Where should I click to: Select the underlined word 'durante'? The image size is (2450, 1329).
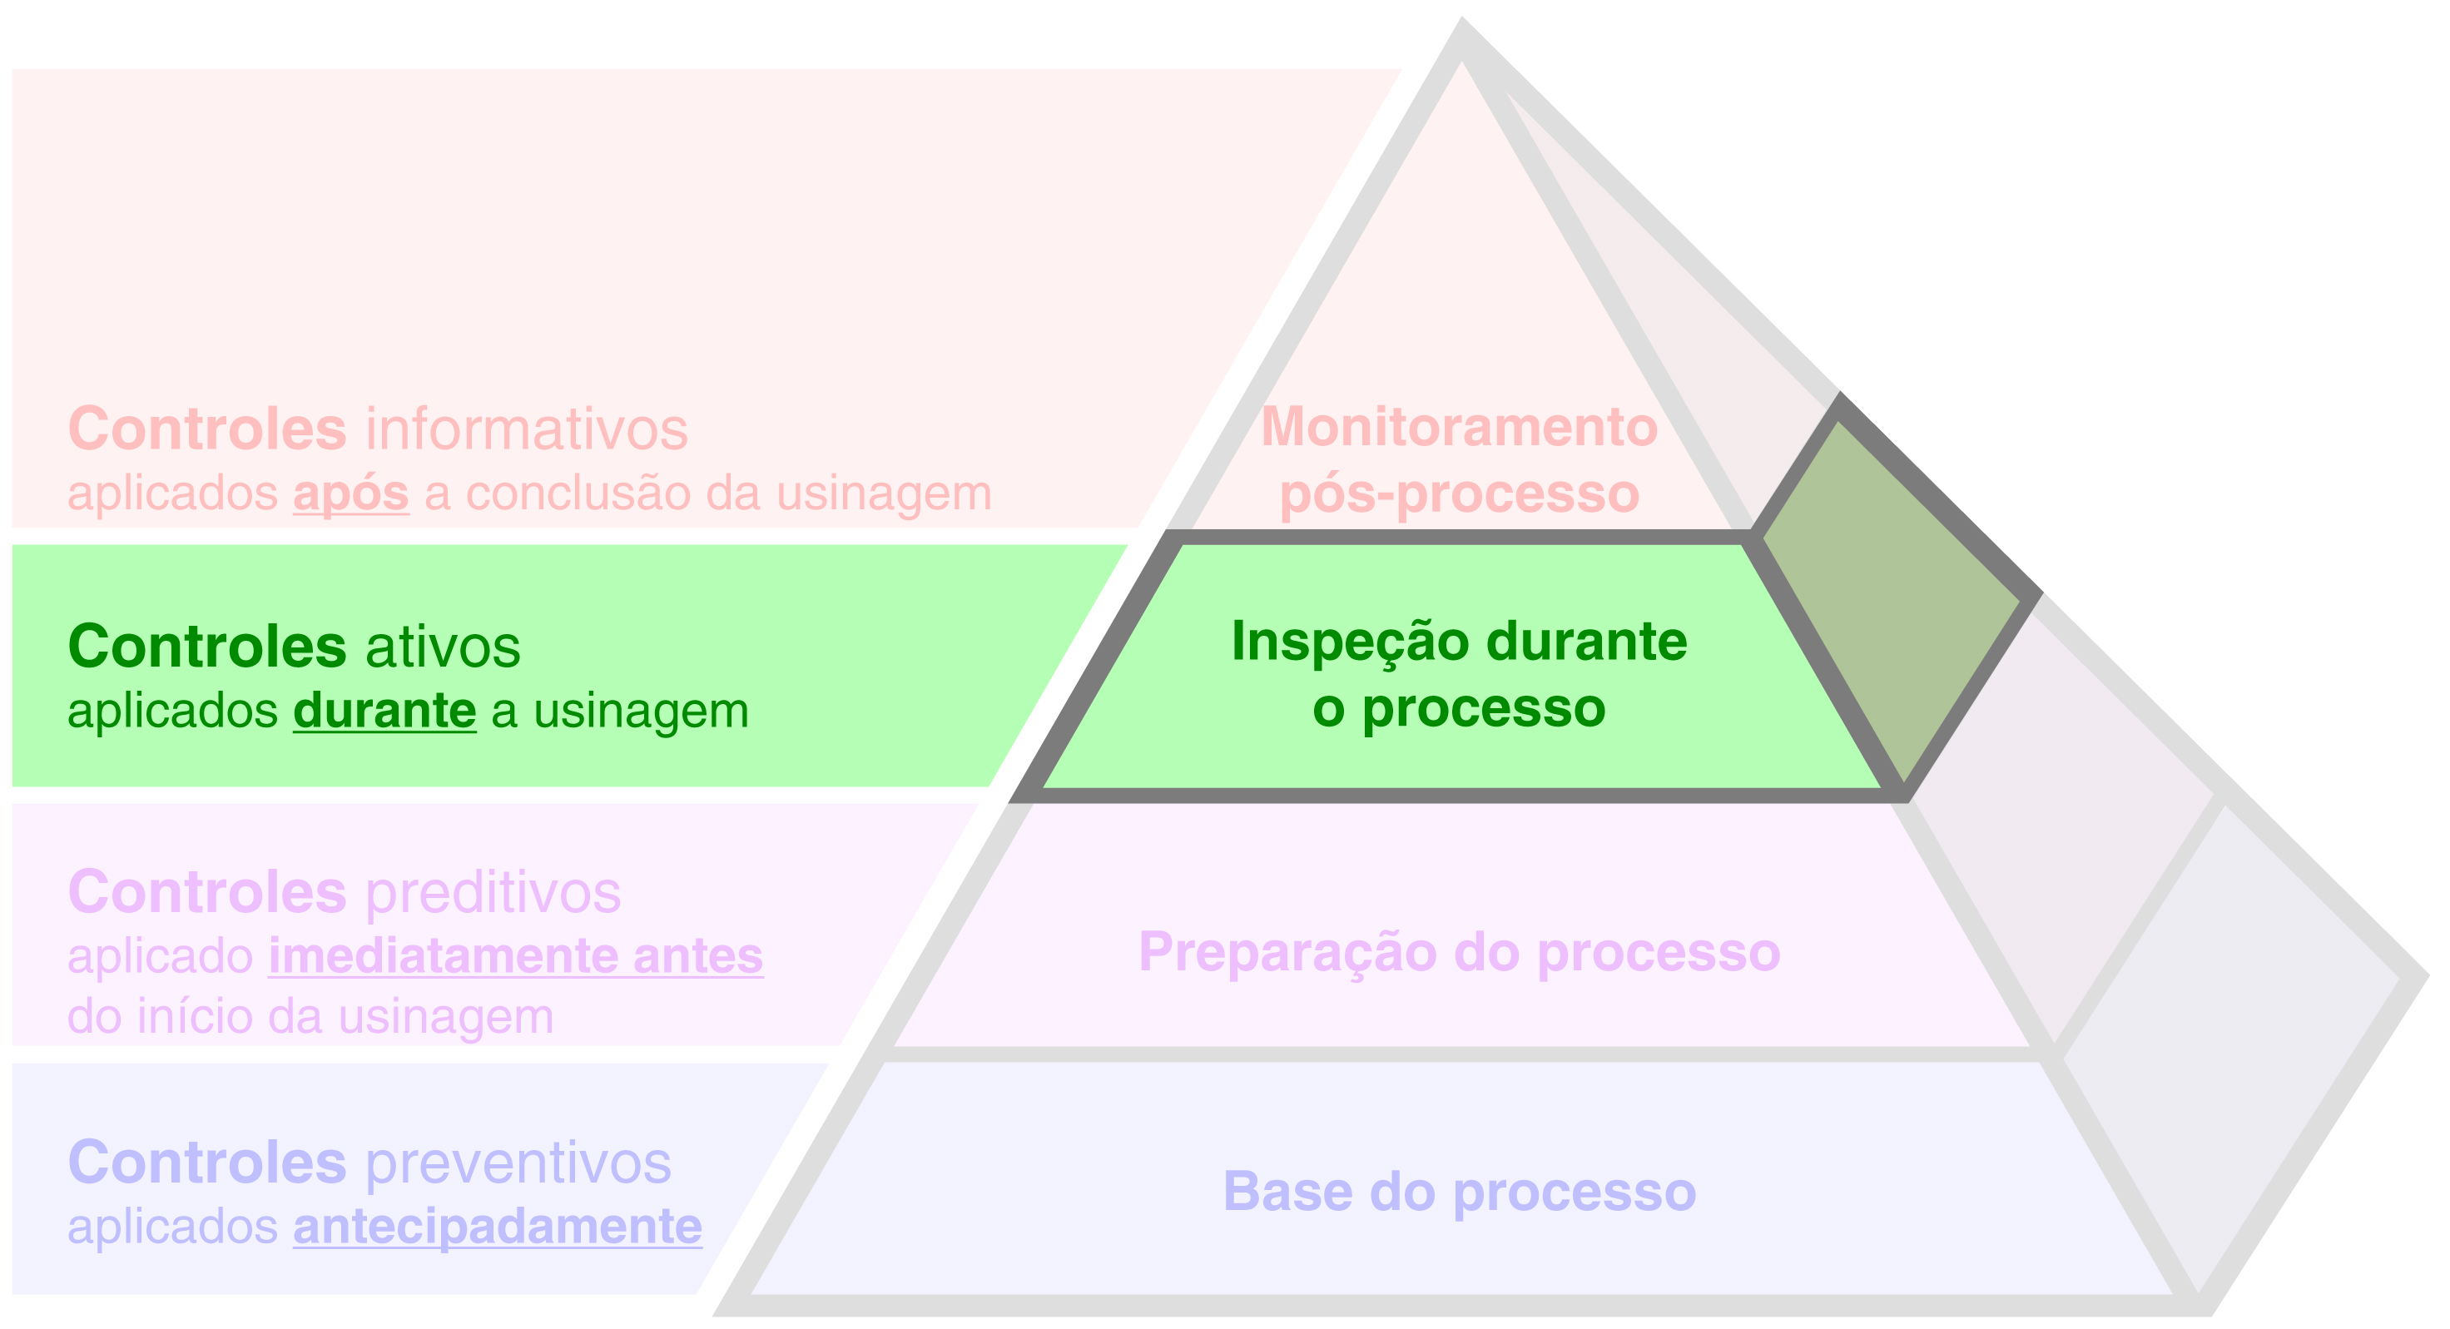pyautogui.click(x=384, y=711)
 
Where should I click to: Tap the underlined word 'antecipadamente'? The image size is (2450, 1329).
pyautogui.click(x=498, y=1227)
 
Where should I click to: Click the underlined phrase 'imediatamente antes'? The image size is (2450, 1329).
pyautogui.click(x=515, y=956)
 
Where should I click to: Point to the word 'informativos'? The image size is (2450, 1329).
pyautogui.click(x=527, y=429)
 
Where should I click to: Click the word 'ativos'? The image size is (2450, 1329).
pyautogui.click(x=444, y=647)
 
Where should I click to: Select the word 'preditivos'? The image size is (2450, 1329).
pyautogui.click(x=493, y=892)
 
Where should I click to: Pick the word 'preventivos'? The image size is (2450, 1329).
pyautogui.click(x=518, y=1163)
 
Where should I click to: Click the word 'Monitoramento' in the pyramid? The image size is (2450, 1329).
pyautogui.click(x=1459, y=426)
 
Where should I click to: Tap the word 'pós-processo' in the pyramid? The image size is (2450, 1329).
pyautogui.click(x=1459, y=493)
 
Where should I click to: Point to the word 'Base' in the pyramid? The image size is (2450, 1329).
pyautogui.click(x=1287, y=1191)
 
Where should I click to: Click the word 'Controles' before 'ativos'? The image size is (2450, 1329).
pyautogui.click(x=207, y=647)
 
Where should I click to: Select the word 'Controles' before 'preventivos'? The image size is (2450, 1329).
pyautogui.click(x=207, y=1163)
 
